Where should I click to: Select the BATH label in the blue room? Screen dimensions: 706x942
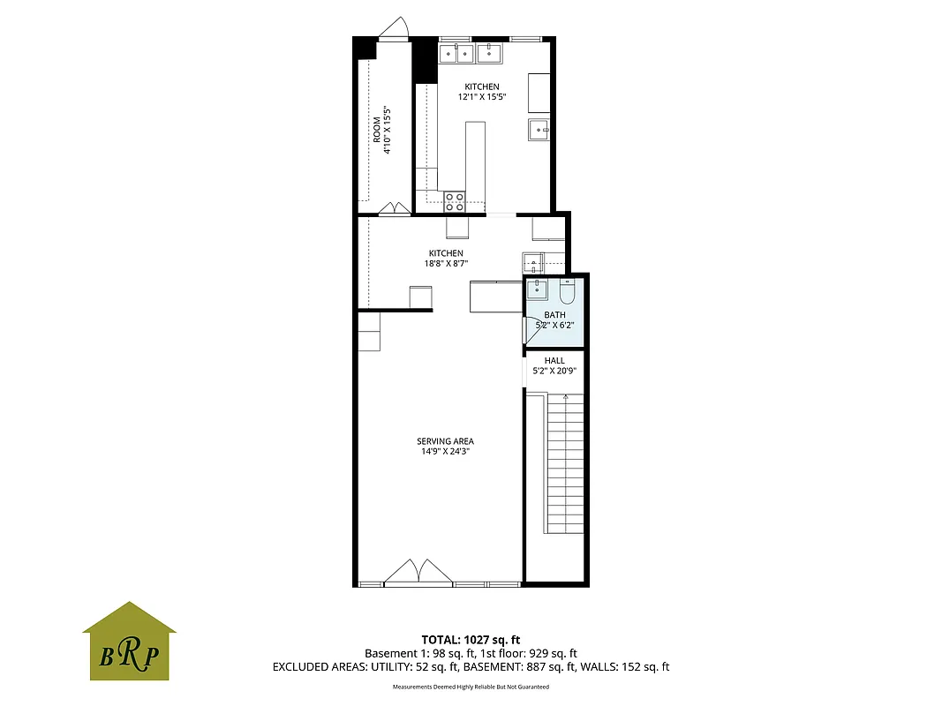[x=554, y=315]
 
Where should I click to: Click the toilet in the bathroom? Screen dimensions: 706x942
[x=567, y=290]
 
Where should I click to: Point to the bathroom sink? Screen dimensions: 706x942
[x=537, y=289]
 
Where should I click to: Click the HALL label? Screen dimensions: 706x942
[x=554, y=360]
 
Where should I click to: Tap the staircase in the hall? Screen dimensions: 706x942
[x=565, y=463]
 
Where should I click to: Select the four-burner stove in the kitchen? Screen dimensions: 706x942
[x=455, y=201]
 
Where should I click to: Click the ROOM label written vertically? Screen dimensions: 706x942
[x=377, y=130]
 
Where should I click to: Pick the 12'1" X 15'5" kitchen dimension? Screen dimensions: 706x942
[x=482, y=97]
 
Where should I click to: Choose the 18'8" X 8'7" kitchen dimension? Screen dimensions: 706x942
[x=445, y=263]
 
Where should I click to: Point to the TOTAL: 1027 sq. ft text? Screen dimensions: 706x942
[x=471, y=639]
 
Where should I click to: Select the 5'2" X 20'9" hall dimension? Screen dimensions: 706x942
[x=554, y=371]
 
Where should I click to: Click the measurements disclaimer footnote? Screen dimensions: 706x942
[x=471, y=687]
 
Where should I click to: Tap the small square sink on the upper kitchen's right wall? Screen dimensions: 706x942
[x=539, y=130]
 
